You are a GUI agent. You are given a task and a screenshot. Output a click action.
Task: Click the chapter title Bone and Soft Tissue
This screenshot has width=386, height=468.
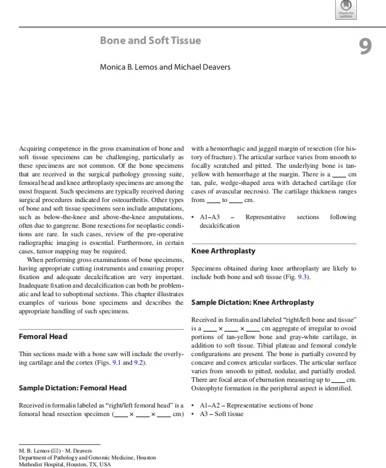click(x=150, y=41)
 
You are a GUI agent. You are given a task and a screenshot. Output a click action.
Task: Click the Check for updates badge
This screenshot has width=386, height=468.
click(x=346, y=10)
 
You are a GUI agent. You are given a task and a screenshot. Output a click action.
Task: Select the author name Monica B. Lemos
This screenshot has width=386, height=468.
click(x=128, y=67)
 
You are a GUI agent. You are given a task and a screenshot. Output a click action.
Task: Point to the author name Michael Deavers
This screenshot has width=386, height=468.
click(x=203, y=67)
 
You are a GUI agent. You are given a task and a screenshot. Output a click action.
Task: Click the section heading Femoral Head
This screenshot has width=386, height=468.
click(x=43, y=336)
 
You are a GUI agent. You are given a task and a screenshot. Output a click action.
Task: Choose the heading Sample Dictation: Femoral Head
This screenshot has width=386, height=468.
click(x=73, y=388)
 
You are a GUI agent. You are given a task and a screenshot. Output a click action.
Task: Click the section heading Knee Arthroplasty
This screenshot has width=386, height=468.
click(x=223, y=251)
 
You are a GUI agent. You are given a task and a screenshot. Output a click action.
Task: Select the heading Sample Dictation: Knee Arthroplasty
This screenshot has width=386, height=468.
click(x=252, y=302)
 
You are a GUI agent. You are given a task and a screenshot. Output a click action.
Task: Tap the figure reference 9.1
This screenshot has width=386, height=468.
click(x=115, y=362)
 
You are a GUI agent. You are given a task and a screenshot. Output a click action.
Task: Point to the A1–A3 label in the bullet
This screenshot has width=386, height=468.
click(x=210, y=217)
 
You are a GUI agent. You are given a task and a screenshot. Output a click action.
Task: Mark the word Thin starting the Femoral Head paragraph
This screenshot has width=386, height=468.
click(x=27, y=354)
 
